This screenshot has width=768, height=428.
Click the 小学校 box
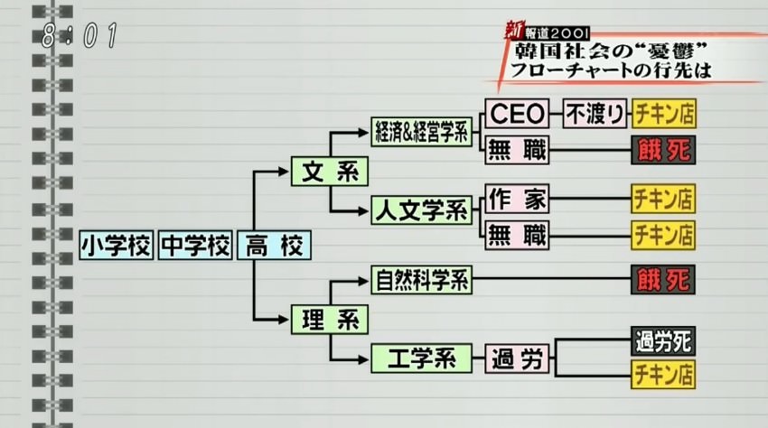click(117, 246)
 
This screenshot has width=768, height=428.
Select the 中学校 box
click(195, 246)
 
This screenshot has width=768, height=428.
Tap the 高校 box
click(274, 246)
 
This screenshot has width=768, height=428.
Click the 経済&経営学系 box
click(422, 132)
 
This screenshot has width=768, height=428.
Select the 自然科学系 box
click(422, 280)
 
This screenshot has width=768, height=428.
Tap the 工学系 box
click(422, 359)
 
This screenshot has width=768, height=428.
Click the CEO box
click(518, 114)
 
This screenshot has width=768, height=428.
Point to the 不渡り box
click(595, 114)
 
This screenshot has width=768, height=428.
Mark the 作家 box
click(518, 197)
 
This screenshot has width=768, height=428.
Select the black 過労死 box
click(663, 343)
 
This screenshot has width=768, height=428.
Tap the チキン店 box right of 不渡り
click(663, 114)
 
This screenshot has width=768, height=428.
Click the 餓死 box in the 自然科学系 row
click(663, 280)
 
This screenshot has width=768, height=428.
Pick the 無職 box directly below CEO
click(518, 150)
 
